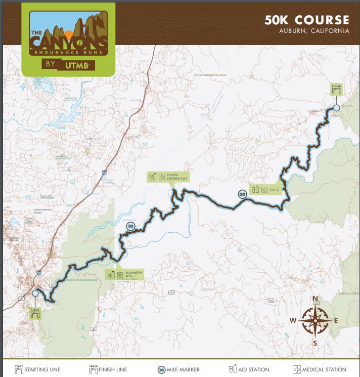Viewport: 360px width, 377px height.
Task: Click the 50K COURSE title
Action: point(306,20)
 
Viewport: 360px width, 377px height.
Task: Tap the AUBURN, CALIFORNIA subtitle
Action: point(314,31)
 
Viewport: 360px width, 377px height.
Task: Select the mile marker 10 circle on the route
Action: point(130,226)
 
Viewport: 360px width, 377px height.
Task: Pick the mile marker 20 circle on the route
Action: point(242,193)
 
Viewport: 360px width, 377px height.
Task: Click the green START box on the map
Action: point(35,313)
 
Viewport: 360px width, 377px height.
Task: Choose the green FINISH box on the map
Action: point(337,90)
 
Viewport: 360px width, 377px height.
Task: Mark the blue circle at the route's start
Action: point(35,293)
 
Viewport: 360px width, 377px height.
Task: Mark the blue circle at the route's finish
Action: point(337,108)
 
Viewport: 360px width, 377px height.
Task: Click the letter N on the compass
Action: point(315,299)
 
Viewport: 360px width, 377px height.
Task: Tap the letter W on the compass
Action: point(293,320)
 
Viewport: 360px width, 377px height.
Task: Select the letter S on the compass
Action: point(315,343)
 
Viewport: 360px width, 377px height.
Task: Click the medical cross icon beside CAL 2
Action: point(265,189)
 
